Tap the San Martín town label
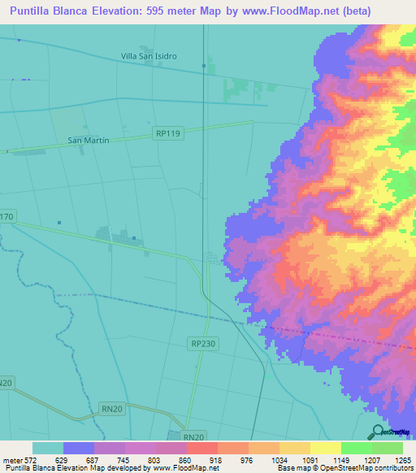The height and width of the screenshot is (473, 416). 88,141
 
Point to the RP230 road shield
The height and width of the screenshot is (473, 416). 203,344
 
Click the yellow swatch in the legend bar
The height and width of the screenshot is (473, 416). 324,449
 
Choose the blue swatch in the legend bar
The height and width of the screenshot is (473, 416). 79,449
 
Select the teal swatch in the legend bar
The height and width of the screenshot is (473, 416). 48,449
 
